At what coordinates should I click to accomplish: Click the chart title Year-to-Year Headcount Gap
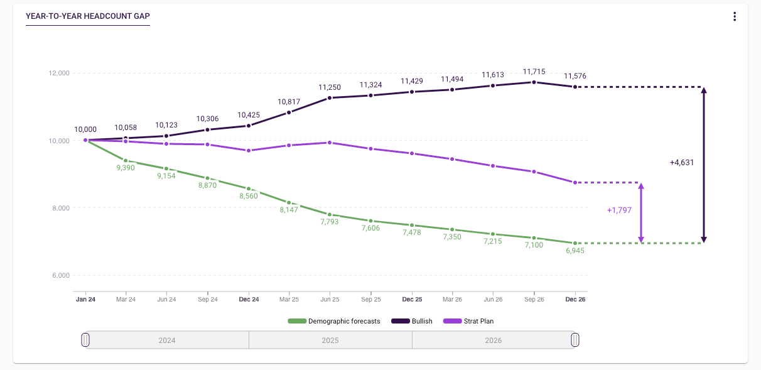tap(87, 16)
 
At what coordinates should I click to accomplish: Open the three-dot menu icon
tap(734, 16)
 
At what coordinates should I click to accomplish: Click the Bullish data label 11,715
tap(534, 72)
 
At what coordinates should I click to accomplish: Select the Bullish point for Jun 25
tap(330, 97)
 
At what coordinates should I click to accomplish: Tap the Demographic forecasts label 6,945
tap(575, 251)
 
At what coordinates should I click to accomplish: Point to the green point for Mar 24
tap(126, 161)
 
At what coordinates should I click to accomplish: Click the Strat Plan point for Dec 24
tap(249, 151)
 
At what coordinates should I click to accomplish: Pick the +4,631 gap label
tap(682, 162)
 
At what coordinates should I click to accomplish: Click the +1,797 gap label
tap(619, 210)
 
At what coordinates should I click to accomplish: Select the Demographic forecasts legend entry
tap(334, 321)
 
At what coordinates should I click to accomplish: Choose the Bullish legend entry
tap(412, 321)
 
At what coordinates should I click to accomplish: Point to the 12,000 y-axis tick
tap(58, 73)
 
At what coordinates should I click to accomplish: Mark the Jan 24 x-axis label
tap(85, 300)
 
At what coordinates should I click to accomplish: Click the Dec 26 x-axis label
tap(575, 300)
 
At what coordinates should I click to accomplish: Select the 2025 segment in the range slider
tap(330, 340)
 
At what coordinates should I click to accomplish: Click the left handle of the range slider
tap(86, 340)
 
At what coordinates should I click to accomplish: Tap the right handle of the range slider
tap(575, 340)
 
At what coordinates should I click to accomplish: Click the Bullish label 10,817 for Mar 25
tap(289, 102)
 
